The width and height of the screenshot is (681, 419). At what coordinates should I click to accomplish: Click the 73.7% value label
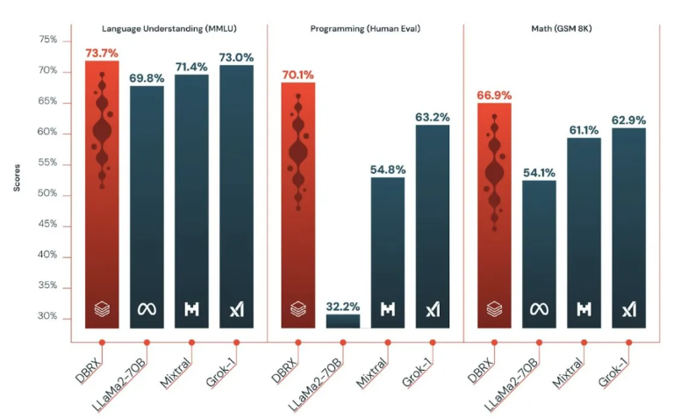[102, 53]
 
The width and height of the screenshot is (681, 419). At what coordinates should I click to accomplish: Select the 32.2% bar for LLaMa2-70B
[342, 321]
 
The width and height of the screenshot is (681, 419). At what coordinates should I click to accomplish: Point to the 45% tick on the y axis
[47, 225]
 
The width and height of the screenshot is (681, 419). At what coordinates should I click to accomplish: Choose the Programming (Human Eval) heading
[365, 29]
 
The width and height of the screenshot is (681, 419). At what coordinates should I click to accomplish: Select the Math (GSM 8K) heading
[562, 29]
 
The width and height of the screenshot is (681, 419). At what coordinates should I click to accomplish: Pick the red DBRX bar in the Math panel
[495, 215]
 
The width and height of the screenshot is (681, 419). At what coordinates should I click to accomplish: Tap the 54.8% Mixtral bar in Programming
[387, 252]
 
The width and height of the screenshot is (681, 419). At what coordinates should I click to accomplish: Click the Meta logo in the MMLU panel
[147, 309]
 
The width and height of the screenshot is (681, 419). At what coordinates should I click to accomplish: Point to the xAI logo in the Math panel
[628, 309]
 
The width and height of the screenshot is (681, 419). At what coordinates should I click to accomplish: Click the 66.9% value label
[495, 95]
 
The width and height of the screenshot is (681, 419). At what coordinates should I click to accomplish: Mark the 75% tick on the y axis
[47, 40]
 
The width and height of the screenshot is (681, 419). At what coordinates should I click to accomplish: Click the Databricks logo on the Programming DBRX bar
[298, 309]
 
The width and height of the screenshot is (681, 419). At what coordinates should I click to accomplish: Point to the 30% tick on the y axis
[47, 317]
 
